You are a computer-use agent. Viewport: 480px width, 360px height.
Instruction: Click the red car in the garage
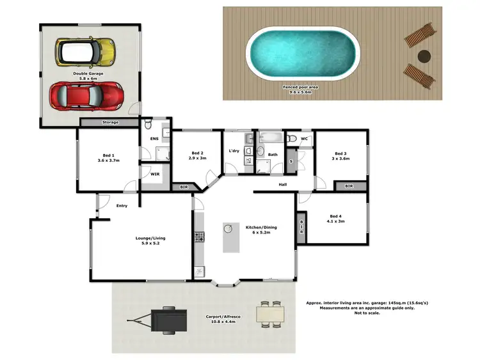(x=87, y=95)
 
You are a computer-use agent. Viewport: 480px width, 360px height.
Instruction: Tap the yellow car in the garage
(x=85, y=52)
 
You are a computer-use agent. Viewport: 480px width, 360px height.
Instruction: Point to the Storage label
(x=110, y=122)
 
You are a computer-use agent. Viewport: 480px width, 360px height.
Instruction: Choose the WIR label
(x=155, y=174)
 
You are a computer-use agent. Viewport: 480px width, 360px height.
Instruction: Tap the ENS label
(x=154, y=139)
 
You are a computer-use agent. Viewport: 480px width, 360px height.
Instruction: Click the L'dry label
(x=234, y=151)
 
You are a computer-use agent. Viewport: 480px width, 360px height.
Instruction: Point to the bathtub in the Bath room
(x=271, y=137)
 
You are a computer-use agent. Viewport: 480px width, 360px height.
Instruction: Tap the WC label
(x=305, y=138)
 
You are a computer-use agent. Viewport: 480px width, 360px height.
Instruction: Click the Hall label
(x=282, y=185)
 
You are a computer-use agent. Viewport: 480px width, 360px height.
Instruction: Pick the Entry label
(x=122, y=206)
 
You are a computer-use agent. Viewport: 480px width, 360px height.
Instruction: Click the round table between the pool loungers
(x=423, y=56)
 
